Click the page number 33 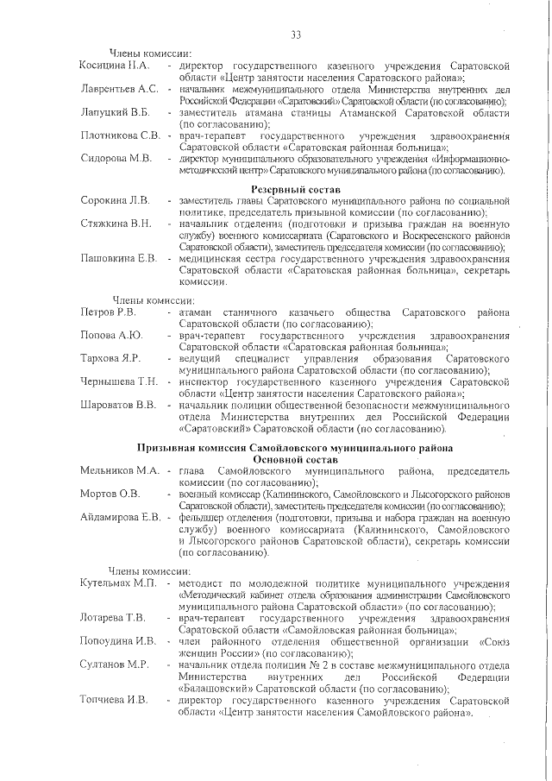pos(295,35)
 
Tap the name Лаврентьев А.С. pos(119,89)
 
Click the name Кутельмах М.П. pos(118,584)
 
